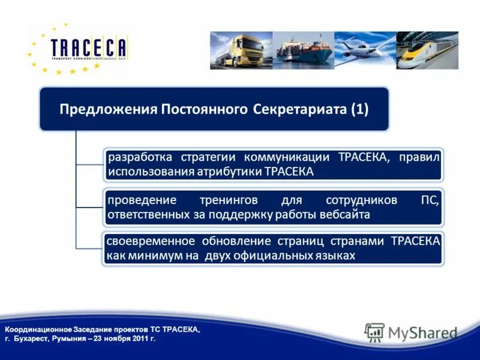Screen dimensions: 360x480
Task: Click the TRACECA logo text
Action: click(x=88, y=47)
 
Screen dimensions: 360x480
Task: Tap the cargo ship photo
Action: click(x=302, y=50)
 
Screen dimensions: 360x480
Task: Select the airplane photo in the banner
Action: click(x=364, y=50)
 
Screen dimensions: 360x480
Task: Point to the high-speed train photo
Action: click(x=427, y=50)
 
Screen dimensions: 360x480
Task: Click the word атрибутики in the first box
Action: click(x=230, y=172)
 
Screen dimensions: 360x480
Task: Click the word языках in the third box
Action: click(x=334, y=256)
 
